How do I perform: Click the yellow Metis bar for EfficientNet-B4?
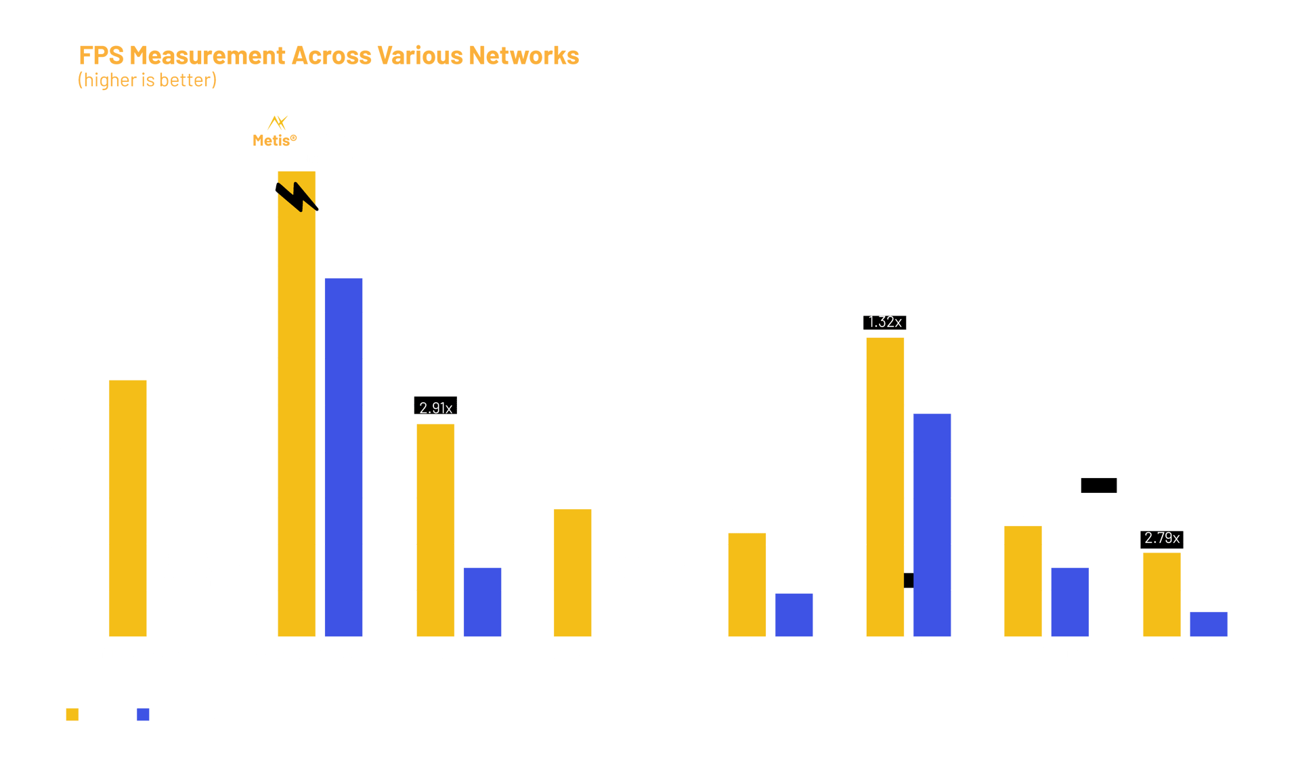pyautogui.click(x=127, y=508)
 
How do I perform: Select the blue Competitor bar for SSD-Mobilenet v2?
pyautogui.click(x=343, y=457)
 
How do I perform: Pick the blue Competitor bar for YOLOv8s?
pyautogui.click(x=932, y=525)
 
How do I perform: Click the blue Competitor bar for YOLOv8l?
pyautogui.click(x=1209, y=624)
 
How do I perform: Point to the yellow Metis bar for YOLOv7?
pyautogui.click(x=747, y=584)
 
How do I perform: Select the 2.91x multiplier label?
pyautogui.click(x=435, y=408)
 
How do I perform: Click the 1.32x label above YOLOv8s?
pyautogui.click(x=884, y=322)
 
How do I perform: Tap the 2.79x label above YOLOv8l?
pyautogui.click(x=1162, y=538)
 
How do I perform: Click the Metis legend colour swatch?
pyautogui.click(x=72, y=714)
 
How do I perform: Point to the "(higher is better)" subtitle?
pyautogui.click(x=147, y=80)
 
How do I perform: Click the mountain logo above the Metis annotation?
pyautogui.click(x=278, y=123)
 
